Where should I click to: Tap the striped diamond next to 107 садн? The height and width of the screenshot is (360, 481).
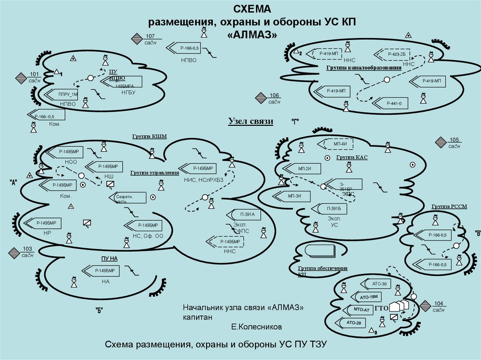pos(137,39)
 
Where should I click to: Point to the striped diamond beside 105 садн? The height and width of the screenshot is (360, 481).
pos(441,143)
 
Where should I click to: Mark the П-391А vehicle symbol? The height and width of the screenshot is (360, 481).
pos(247,214)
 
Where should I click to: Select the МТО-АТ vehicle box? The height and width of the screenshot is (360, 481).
pos(359,310)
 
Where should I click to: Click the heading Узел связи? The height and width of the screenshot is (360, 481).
pos(251,122)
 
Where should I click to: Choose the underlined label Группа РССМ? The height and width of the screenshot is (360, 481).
pos(449,207)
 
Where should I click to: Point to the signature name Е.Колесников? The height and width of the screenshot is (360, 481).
pos(256,325)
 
